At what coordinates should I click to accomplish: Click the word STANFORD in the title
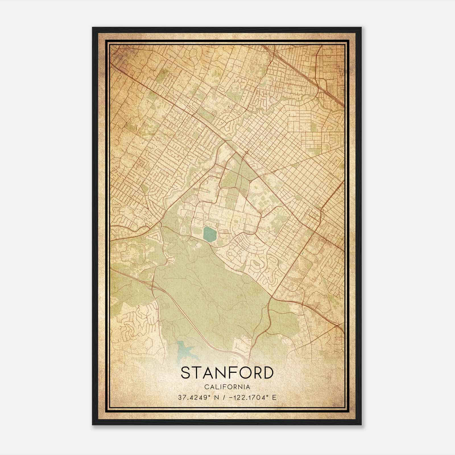(227, 373)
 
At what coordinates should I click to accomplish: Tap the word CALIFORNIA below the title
(227, 387)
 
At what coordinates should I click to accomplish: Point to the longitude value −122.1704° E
(250, 398)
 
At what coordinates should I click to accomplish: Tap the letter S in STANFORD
(185, 373)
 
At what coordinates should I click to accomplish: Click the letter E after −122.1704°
(274, 398)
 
